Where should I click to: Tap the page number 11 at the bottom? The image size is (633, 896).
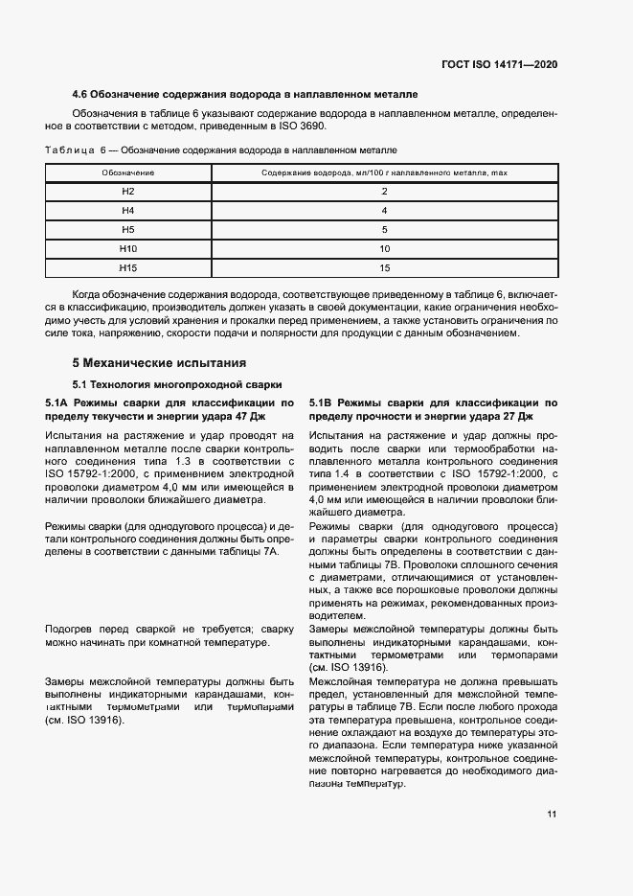coord(552,815)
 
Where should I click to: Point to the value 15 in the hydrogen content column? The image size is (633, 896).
coord(383,267)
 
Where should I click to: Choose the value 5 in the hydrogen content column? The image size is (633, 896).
coord(383,229)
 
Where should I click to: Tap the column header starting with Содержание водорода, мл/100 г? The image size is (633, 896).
coord(383,172)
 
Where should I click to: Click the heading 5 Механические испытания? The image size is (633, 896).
coord(159,363)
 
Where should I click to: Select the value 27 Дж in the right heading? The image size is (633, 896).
coord(513,417)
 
